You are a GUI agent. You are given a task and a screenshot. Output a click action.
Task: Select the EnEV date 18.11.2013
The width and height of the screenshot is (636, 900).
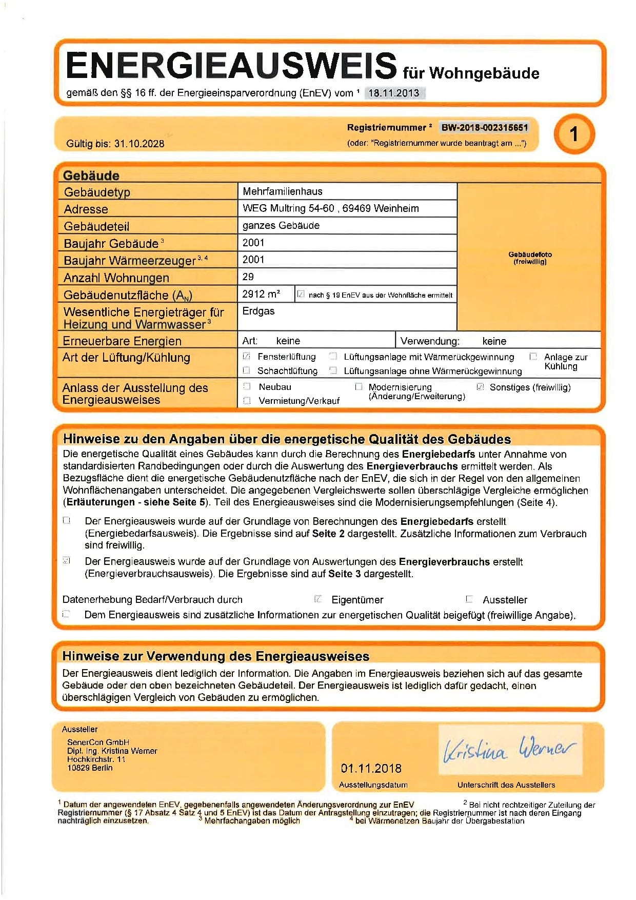click(394, 93)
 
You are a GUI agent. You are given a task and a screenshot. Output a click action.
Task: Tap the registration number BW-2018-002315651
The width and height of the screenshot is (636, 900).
click(484, 127)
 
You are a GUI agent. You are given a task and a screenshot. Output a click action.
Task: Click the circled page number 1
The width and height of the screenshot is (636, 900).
click(574, 134)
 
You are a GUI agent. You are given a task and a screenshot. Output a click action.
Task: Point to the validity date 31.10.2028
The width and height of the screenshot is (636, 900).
click(139, 144)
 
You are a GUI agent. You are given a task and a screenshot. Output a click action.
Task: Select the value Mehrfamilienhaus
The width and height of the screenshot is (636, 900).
click(283, 191)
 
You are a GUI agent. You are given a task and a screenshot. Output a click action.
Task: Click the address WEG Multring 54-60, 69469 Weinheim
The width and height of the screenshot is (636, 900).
click(331, 208)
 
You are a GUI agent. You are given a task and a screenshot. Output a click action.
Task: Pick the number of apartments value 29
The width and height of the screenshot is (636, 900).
click(248, 277)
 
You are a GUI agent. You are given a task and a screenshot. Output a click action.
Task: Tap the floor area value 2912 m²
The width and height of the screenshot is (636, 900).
click(261, 294)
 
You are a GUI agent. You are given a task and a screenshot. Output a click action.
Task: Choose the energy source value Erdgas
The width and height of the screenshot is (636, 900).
click(259, 311)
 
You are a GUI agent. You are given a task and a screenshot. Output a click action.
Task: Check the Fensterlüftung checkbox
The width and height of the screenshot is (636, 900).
click(247, 356)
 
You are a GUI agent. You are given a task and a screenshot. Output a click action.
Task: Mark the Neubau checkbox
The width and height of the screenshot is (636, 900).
click(247, 386)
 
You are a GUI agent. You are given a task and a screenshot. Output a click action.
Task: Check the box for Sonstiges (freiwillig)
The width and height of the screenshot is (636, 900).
click(480, 387)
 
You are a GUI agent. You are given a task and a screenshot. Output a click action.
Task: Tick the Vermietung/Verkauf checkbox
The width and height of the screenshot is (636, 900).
click(247, 401)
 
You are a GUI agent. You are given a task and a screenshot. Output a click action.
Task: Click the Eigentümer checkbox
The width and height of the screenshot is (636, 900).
click(318, 599)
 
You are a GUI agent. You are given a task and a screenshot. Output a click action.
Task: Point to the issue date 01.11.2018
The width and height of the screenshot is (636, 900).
click(371, 768)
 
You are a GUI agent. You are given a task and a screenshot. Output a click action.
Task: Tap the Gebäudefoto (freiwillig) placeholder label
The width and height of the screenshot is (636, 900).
click(530, 258)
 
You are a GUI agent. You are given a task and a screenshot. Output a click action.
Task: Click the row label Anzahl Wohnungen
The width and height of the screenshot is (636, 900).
click(116, 278)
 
